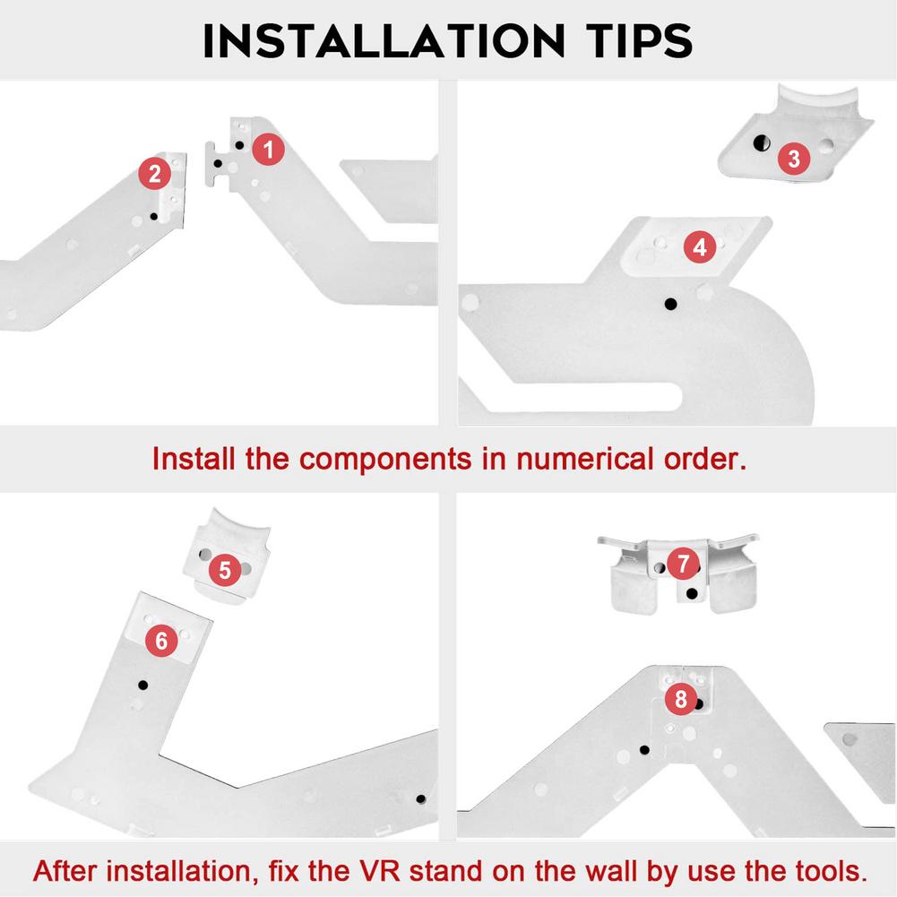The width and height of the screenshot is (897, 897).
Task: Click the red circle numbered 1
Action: tap(268, 150)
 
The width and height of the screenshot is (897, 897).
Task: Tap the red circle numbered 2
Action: tap(154, 173)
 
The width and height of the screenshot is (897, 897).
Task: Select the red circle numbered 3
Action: tap(794, 159)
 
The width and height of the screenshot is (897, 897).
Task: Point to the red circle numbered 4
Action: tap(700, 247)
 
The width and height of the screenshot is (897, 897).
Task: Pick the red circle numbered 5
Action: tap(225, 570)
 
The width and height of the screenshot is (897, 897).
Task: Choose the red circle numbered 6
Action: tap(161, 641)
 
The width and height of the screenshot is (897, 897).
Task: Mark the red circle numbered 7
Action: tap(683, 564)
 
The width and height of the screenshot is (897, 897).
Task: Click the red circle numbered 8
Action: tap(681, 698)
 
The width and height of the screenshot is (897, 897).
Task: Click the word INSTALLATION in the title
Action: tap(384, 41)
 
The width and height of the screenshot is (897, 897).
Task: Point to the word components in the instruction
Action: tap(385, 460)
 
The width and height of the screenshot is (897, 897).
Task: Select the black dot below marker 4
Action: tap(670, 305)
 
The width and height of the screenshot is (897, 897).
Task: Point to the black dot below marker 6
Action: tap(143, 685)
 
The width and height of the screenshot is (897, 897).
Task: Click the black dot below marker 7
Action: tap(692, 594)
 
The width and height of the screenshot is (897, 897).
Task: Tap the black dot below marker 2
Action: tap(153, 216)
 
